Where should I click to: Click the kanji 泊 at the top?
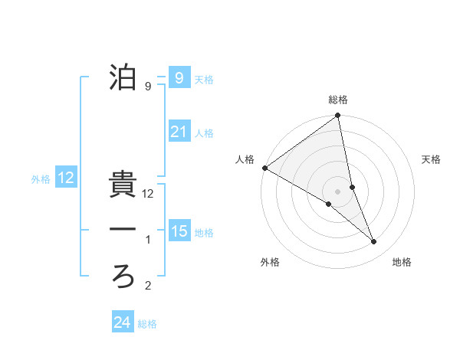coord(123,77)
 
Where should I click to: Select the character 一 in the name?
coord(123,231)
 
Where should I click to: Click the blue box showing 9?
coord(179,77)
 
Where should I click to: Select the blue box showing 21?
coord(179,132)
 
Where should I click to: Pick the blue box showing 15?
coord(179,231)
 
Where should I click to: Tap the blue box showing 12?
coord(66,178)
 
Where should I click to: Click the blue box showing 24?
coord(122,322)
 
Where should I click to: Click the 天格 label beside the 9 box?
coord(204,79)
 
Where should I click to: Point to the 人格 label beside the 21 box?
coord(204,133)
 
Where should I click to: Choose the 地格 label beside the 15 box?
coord(204,232)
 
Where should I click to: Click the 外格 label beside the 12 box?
coord(41,179)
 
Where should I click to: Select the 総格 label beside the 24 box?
coord(147,324)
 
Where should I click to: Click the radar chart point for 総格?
coord(337,116)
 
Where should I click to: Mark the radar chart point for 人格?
coord(264,168)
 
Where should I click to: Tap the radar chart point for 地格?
coord(374,242)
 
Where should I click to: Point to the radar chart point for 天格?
coord(352,186)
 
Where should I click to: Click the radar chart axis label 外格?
coord(270,262)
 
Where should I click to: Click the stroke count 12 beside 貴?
coord(149,194)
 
